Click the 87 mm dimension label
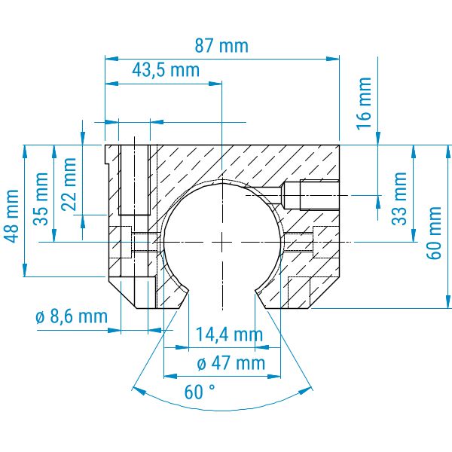click(221, 46)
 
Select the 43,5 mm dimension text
click(166, 70)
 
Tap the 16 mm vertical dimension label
click(364, 103)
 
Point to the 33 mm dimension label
click(399, 198)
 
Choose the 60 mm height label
click(434, 233)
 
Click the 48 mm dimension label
click(11, 216)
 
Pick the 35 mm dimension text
click(41, 199)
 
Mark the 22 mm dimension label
click(69, 185)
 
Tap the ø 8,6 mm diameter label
click(72, 316)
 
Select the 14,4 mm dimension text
click(229, 334)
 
